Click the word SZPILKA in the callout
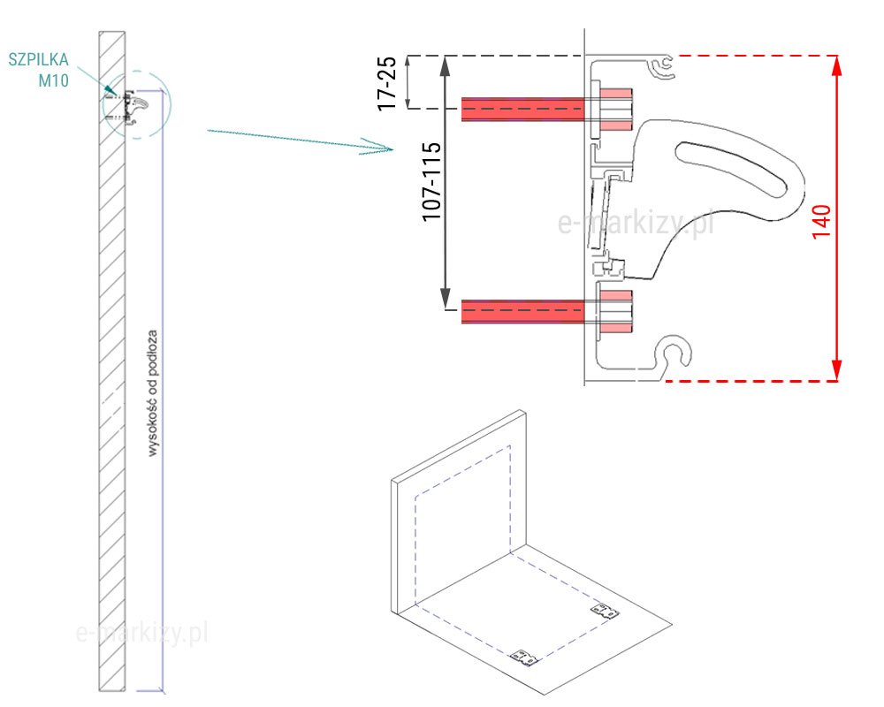pos(38,60)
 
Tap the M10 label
pos(54,80)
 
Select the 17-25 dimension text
pos(387,83)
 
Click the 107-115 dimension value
pos(432,181)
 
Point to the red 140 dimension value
pos(821,222)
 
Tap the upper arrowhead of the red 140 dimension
pos(836,66)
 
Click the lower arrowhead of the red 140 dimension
pos(836,370)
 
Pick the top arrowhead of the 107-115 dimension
pos(446,66)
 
